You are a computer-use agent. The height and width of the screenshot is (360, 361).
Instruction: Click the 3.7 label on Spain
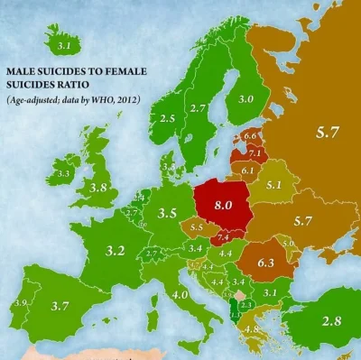click(x=60, y=307)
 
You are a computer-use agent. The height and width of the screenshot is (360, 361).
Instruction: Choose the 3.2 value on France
click(x=115, y=250)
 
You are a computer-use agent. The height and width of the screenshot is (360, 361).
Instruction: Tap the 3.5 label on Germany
click(x=166, y=215)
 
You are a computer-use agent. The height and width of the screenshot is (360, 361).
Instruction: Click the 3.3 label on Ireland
click(x=63, y=173)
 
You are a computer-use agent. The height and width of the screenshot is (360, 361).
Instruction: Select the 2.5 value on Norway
click(x=167, y=118)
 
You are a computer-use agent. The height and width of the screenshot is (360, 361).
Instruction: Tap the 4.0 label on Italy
click(x=180, y=294)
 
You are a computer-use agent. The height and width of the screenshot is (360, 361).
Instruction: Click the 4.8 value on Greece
click(x=252, y=329)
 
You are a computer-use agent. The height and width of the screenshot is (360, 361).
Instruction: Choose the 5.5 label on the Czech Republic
click(x=199, y=227)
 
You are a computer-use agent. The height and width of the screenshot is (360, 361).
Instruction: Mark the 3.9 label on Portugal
click(x=20, y=302)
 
